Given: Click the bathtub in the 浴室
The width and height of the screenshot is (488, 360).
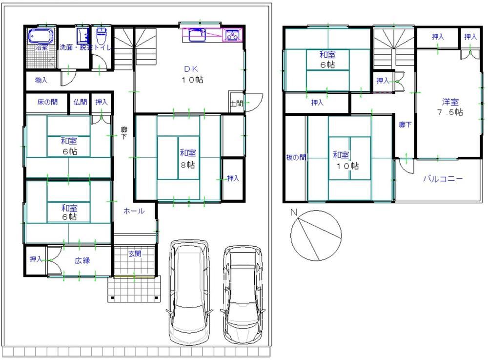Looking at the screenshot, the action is (x=41, y=36).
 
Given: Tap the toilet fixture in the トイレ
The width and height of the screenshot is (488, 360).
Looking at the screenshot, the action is (x=102, y=36).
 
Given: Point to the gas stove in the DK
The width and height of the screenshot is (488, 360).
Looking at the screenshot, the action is (x=232, y=35).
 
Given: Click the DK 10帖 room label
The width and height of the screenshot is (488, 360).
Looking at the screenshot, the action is (x=192, y=74).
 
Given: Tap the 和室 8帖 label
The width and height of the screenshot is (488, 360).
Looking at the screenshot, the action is (x=188, y=159).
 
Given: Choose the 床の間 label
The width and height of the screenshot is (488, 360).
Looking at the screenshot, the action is (x=47, y=102).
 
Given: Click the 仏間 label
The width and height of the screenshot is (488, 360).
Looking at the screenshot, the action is (x=80, y=102).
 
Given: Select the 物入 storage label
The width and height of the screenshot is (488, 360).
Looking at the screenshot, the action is (x=41, y=80).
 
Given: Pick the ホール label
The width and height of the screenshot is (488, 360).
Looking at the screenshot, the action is (x=134, y=211).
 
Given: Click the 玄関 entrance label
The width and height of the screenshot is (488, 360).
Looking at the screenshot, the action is (x=135, y=254).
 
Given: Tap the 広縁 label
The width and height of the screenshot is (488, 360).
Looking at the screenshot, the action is (x=82, y=260).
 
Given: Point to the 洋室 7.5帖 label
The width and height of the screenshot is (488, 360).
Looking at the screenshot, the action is (x=450, y=107).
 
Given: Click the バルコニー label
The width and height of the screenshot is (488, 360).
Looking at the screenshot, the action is (x=443, y=179).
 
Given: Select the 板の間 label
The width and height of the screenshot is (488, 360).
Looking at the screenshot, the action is (x=296, y=157).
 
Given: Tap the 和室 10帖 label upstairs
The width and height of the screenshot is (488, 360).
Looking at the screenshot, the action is (x=346, y=160).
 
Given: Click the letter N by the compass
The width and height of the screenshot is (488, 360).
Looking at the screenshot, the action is (x=294, y=212).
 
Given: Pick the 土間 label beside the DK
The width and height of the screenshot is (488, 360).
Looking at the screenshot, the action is (x=237, y=103).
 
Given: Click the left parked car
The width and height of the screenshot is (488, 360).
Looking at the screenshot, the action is (x=189, y=292).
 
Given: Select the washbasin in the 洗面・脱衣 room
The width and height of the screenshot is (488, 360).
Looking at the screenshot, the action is (x=82, y=36).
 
